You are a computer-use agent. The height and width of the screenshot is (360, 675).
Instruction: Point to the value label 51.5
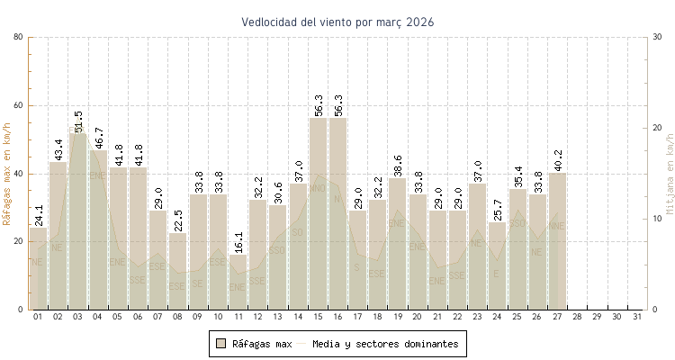78,121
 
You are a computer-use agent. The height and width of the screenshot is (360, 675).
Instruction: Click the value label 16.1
238,242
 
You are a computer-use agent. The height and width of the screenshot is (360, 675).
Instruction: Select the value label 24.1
39,215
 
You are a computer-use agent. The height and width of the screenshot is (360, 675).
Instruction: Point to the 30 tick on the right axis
657,37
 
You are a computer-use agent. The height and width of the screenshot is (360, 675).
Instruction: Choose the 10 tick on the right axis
657,219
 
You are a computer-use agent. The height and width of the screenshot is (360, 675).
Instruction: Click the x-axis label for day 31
637,318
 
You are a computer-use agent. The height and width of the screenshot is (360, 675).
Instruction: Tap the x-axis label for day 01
38,318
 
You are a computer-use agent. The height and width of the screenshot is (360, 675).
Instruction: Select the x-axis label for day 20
418,318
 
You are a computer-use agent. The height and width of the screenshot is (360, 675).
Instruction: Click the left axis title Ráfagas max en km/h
8,173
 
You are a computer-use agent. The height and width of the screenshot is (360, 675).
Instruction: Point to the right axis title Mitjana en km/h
670,174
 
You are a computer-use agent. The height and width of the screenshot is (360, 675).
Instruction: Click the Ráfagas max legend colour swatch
221,344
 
